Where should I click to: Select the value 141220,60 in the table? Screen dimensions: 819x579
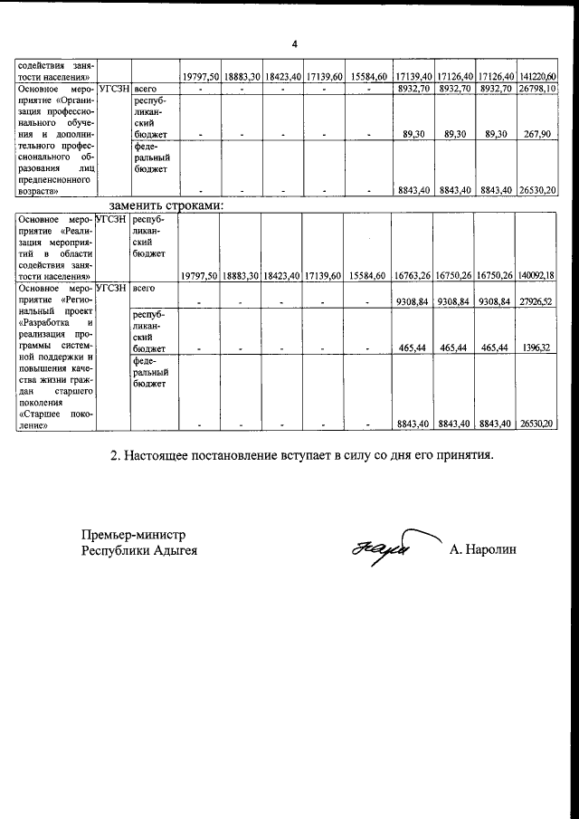coord(539,76)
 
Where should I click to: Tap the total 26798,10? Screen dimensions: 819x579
coord(539,89)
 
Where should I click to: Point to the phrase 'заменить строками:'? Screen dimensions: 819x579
coord(166,205)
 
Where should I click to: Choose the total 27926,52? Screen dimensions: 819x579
coord(539,300)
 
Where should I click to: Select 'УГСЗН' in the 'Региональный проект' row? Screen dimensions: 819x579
coord(111,288)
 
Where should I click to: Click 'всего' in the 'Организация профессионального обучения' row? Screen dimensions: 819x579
coord(145,89)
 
